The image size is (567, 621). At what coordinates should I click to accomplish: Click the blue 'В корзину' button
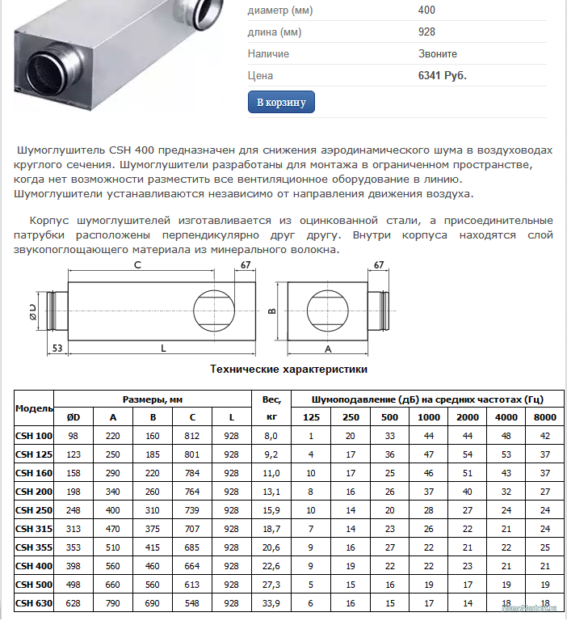click(281, 103)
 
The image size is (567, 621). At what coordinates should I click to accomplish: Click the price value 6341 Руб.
click(443, 75)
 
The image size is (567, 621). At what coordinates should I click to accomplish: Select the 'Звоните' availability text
click(438, 53)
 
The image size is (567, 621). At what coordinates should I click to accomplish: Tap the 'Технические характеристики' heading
click(289, 369)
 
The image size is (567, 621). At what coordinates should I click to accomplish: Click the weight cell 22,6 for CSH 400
click(271, 566)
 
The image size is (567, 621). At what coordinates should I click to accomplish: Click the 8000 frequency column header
click(545, 417)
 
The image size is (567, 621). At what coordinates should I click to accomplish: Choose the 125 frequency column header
click(311, 417)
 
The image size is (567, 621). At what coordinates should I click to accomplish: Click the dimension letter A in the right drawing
click(327, 349)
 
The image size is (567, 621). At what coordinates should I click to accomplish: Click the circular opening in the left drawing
click(214, 310)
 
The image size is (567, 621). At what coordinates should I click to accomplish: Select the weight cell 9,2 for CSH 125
click(271, 454)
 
